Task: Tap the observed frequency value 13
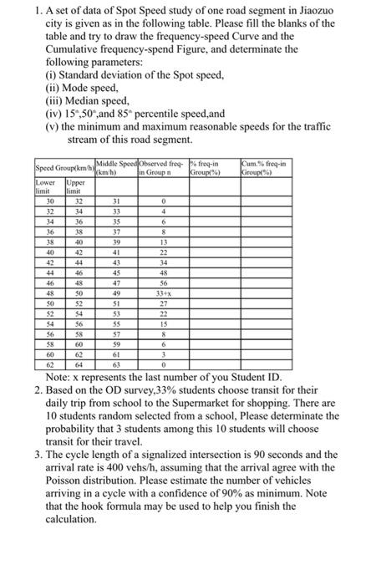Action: pyautogui.click(x=164, y=243)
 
